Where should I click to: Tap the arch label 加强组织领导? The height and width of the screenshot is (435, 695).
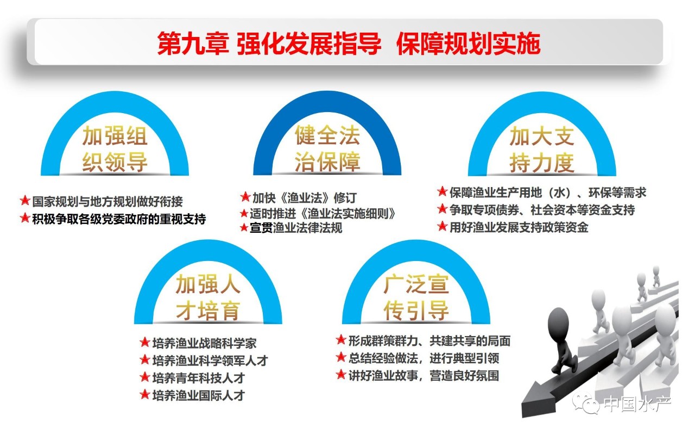[115, 149]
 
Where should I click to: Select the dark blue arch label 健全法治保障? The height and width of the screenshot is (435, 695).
[327, 148]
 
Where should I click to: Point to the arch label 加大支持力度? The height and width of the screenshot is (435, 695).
[542, 149]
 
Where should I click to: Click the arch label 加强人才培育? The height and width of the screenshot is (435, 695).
[208, 297]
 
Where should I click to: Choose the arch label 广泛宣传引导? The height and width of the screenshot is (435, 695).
[416, 297]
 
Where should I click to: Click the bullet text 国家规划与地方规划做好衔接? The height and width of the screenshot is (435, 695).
[108, 202]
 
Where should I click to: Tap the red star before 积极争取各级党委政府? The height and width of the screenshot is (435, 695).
[25, 218]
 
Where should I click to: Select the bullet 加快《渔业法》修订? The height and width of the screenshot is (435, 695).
[305, 197]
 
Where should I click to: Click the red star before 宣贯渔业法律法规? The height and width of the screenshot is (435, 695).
[244, 227]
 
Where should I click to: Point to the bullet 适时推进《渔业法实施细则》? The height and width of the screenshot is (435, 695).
[323, 214]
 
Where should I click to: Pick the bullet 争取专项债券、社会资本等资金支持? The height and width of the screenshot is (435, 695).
[542, 210]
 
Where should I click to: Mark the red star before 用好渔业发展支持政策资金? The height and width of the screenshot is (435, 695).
[442, 226]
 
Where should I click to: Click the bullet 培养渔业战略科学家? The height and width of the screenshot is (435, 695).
[205, 343]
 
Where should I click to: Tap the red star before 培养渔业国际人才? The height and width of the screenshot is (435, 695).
[145, 395]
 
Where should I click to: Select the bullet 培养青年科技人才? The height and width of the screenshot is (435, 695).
[199, 378]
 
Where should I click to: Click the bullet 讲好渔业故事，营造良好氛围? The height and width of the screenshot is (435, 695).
[424, 376]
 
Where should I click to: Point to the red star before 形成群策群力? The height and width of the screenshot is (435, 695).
[341, 340]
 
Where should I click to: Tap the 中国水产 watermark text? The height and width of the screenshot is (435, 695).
[637, 403]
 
